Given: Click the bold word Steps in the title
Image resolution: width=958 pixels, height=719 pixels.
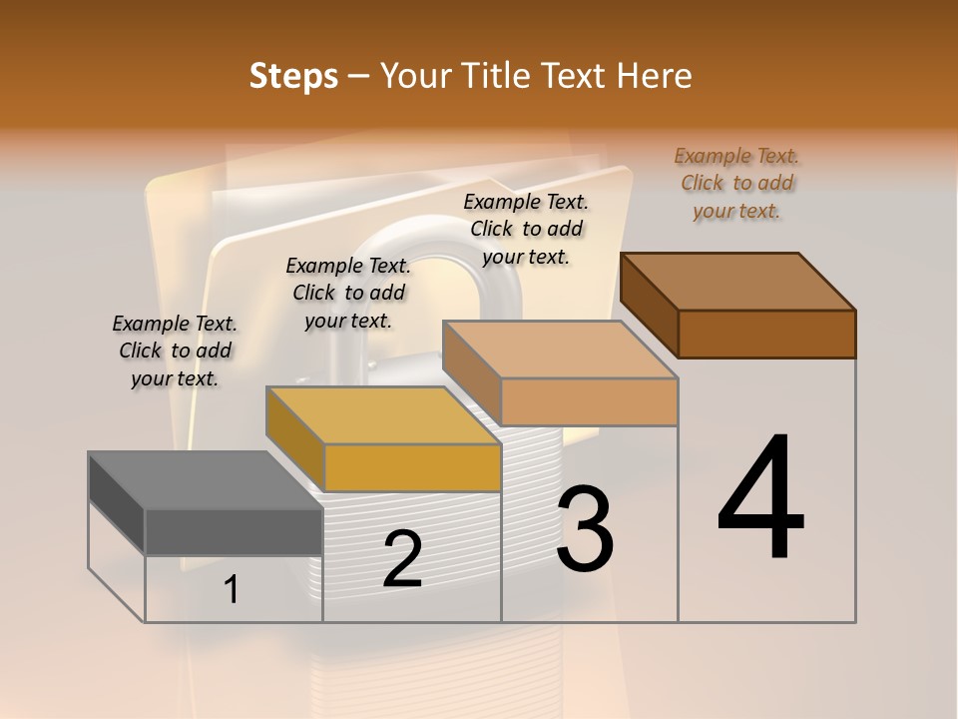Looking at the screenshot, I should [x=293, y=76].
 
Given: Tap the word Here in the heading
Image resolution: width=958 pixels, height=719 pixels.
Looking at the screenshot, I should [x=655, y=76].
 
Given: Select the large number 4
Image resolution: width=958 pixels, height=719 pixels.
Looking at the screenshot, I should [x=760, y=499].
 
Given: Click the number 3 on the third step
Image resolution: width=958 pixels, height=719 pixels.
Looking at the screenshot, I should [x=585, y=530].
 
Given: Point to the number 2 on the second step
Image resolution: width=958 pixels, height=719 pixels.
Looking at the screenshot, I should [x=402, y=559].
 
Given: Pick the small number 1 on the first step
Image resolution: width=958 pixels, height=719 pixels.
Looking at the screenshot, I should [x=232, y=589].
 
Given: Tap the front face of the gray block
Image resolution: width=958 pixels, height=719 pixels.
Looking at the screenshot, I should [x=234, y=531].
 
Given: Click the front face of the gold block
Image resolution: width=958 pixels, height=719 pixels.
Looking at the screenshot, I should [x=412, y=467].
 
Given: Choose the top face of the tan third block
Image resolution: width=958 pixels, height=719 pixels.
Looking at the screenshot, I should [x=560, y=349].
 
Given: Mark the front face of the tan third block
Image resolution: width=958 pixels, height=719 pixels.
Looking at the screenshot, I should [x=589, y=401].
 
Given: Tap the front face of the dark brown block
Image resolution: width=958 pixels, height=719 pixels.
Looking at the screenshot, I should [x=766, y=334].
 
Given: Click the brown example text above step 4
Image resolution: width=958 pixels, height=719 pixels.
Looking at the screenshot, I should [x=736, y=183].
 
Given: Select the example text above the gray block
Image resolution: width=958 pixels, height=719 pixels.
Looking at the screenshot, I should [x=175, y=351].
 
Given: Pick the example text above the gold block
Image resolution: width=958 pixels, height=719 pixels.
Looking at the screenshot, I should [x=348, y=293].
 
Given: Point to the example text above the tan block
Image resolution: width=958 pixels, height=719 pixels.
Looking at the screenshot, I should [x=526, y=229].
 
